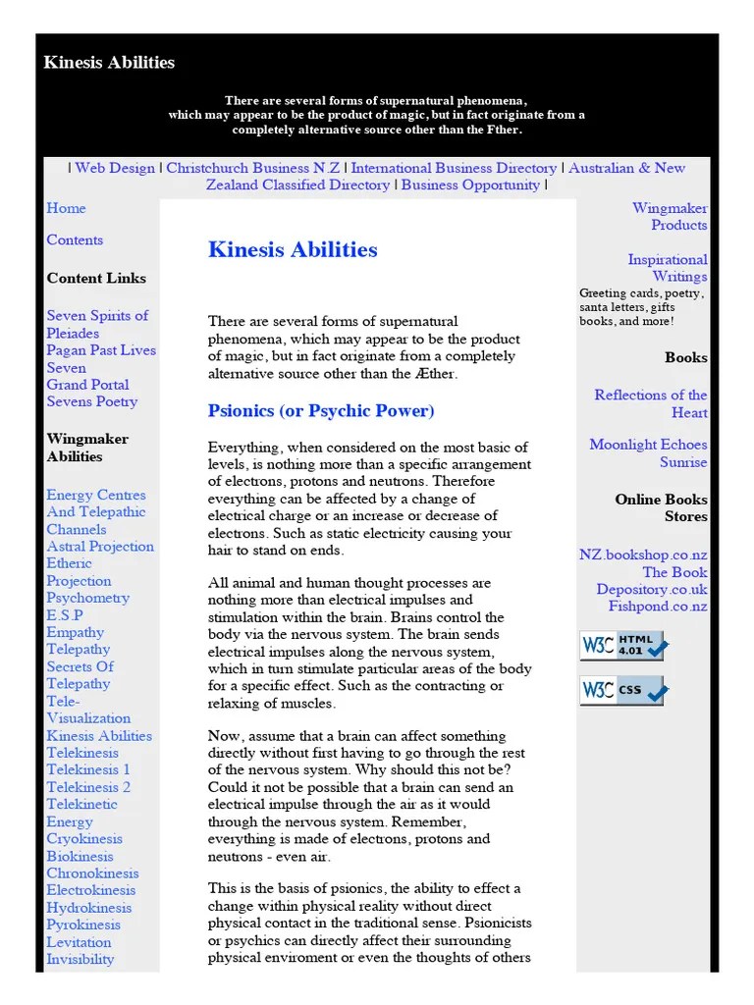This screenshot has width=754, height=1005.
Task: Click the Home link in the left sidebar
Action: pos(66,208)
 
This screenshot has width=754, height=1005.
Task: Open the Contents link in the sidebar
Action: pos(75,239)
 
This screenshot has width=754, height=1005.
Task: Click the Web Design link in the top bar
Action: pos(115,168)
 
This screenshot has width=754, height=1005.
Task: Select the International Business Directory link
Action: pos(454,168)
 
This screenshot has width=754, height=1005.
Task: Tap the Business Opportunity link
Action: pos(470,185)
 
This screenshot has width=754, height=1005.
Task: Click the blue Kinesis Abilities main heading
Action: pos(293,249)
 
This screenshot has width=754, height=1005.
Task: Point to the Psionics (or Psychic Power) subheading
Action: pos(321,410)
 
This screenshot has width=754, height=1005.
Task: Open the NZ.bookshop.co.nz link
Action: pos(643,555)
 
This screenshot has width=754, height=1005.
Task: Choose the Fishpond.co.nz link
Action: pos(657,607)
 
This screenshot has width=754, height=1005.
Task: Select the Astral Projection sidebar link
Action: pos(100,547)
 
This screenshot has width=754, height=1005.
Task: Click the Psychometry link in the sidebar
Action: pos(87,598)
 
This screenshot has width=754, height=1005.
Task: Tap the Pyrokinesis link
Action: pos(83,925)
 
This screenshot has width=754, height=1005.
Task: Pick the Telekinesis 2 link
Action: pos(88,787)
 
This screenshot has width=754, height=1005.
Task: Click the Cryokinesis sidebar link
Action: pos(84,839)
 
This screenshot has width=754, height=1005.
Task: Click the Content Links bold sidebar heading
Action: pos(96,278)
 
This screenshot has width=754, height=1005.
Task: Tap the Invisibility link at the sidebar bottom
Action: pos(81,959)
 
